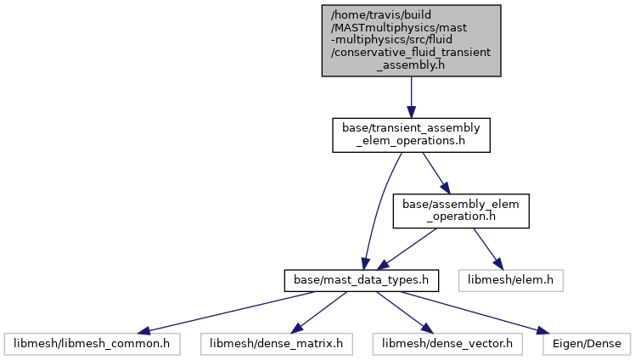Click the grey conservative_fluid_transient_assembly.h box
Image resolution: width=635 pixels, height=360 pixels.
tap(411, 41)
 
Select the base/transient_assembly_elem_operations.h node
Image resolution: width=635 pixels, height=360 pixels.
tap(411, 135)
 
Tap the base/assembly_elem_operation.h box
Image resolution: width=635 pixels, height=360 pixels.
tap(461, 211)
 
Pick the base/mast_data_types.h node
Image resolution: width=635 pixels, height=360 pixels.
tap(362, 281)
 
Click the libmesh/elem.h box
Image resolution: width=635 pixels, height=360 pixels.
tap(511, 281)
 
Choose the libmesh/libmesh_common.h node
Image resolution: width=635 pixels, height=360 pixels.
tap(92, 344)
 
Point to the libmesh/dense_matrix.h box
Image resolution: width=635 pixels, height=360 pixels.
tap(276, 344)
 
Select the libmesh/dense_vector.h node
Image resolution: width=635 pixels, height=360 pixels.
tap(447, 344)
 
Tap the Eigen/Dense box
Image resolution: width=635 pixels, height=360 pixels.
tap(587, 344)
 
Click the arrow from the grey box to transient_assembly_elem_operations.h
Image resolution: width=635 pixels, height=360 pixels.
tap(411, 97)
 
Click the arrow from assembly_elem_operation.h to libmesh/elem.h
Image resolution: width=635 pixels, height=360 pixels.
tap(488, 249)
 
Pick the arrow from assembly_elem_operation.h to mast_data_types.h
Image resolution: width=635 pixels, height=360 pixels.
tap(407, 249)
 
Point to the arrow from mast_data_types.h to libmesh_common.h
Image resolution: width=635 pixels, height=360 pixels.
tap(226, 312)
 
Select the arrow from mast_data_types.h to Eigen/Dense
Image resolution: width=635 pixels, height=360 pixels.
tap(475, 312)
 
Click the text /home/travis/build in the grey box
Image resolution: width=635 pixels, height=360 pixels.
tap(381, 15)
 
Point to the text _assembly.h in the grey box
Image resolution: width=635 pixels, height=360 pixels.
tap(411, 65)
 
